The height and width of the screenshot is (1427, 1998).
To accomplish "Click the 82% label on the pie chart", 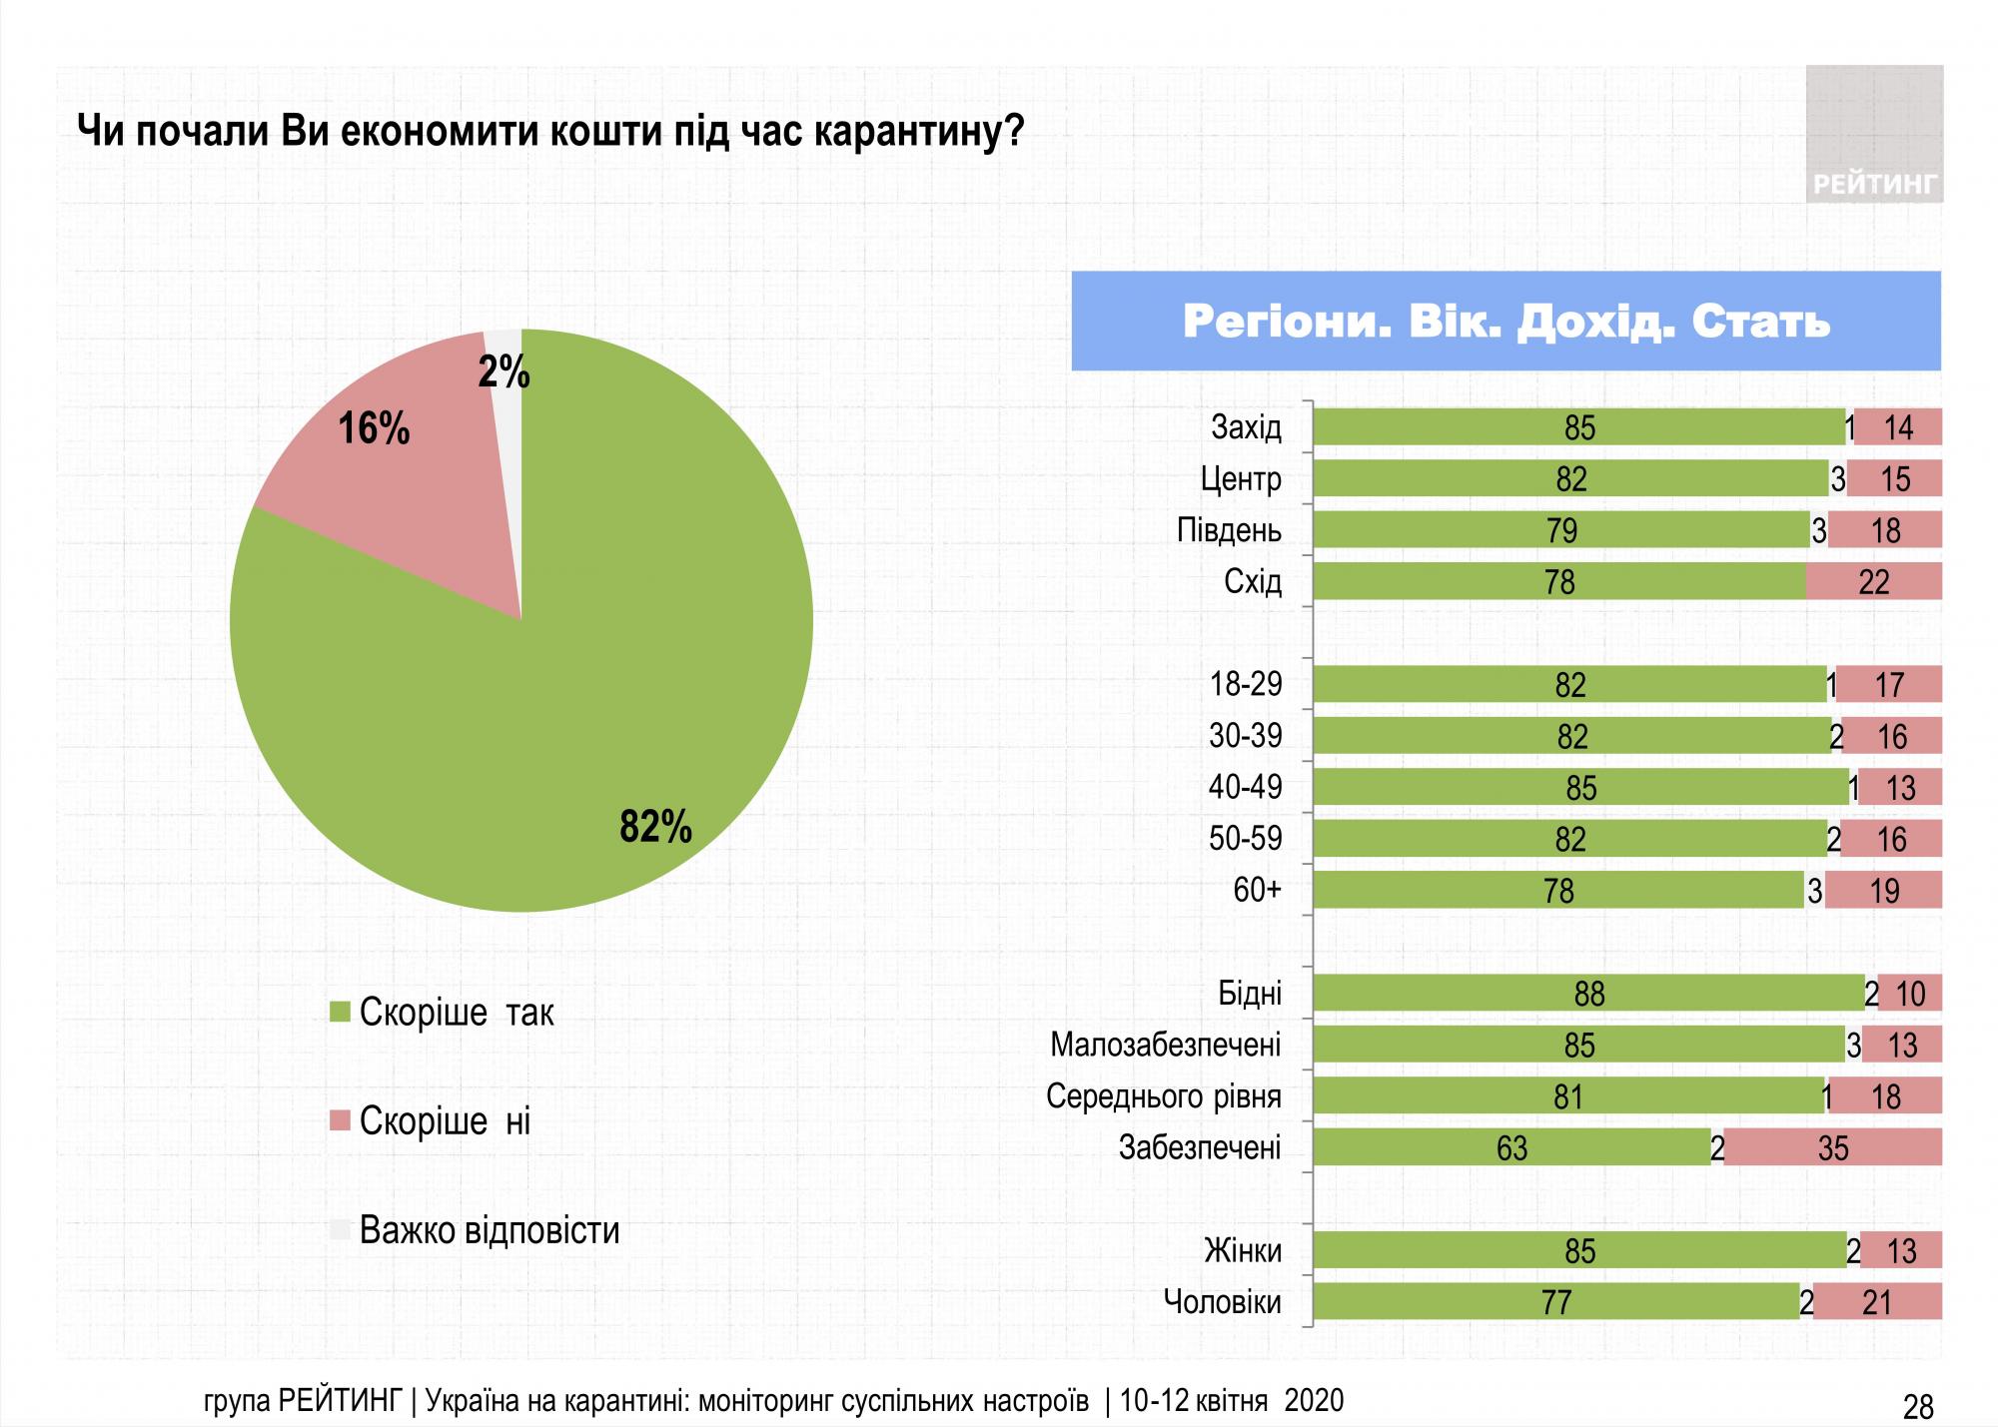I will tap(655, 828).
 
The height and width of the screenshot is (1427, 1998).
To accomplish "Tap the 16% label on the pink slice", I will tap(374, 429).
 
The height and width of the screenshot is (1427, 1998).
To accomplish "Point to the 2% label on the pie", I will tap(503, 372).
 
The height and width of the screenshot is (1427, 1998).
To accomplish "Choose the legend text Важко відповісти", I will tap(490, 1230).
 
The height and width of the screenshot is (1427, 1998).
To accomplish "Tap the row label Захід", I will tap(1246, 427).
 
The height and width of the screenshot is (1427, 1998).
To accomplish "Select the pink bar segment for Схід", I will tap(1873, 581).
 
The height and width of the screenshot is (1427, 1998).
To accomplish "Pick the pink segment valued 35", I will tap(1832, 1148).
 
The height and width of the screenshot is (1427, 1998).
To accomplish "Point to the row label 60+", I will tap(1257, 890).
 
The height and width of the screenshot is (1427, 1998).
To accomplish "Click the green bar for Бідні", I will tap(1588, 994).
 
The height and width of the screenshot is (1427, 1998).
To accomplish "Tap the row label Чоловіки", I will tap(1222, 1302).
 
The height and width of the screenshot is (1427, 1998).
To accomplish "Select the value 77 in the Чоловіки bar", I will tap(1556, 1302).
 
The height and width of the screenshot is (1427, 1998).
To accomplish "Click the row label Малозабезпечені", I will tap(1165, 1046).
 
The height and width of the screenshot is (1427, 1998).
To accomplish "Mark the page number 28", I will tap(1918, 1407).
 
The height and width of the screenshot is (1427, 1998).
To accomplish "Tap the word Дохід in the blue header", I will tap(1594, 322).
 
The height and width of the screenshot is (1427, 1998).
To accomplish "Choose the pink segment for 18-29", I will tap(1889, 685).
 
